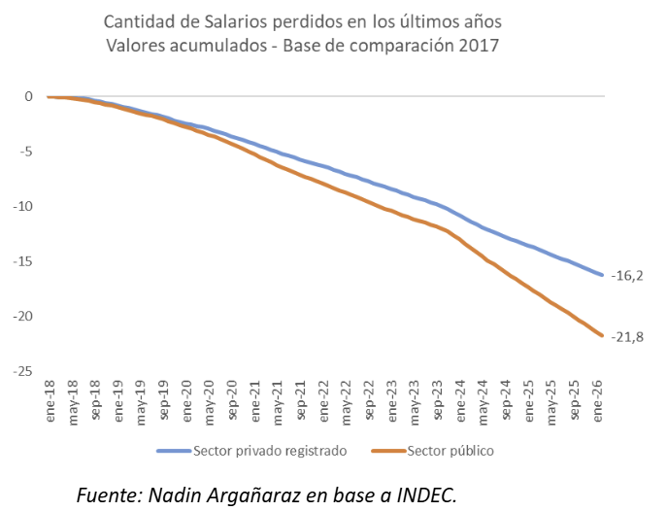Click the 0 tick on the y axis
coord(29,96)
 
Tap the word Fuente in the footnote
coord(108,494)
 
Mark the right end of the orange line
coord(603,336)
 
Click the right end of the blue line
coord(603,275)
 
